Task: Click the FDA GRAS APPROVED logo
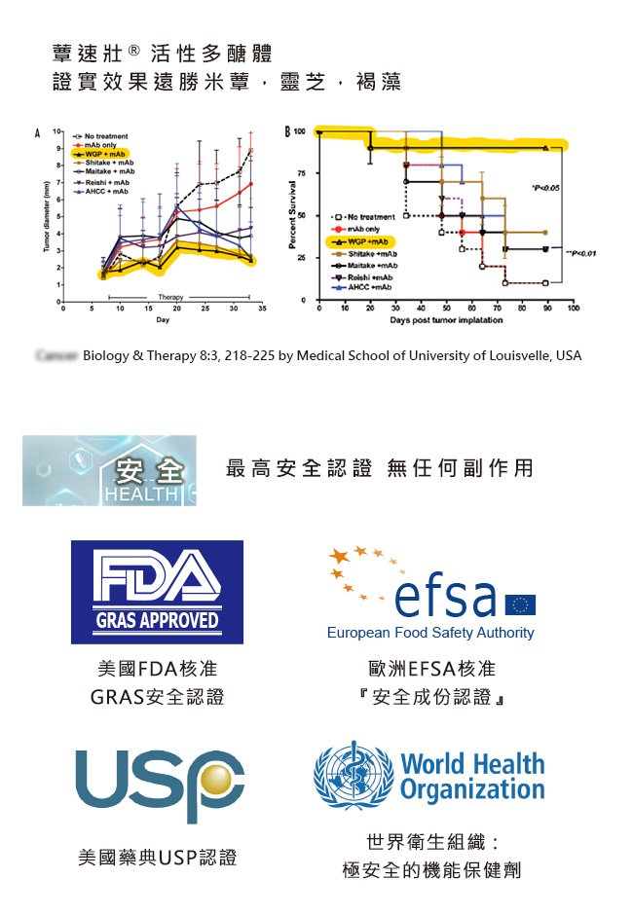tap(157, 592)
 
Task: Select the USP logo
tap(160, 783)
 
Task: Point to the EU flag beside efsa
tap(520, 604)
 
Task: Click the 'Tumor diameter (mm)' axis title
tap(46, 216)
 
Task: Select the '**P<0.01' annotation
tap(579, 252)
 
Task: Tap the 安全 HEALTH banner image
tap(109, 471)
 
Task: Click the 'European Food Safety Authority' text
tap(430, 633)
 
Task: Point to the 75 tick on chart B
tap(304, 172)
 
